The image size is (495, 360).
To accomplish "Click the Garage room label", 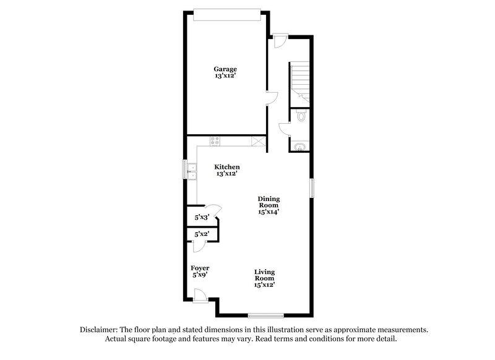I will tap(225, 69).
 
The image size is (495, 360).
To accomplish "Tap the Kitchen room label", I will tap(227, 167).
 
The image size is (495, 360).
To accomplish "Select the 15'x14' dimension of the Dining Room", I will tap(269, 211).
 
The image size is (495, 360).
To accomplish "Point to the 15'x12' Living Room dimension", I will tap(264, 285).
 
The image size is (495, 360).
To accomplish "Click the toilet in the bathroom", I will tap(301, 115).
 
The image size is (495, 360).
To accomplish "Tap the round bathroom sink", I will tap(300, 147).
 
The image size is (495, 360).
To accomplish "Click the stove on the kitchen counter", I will tap(215, 140).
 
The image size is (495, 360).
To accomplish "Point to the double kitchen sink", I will tap(192, 171).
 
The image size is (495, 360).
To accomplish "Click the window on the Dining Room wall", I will tap(312, 187).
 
